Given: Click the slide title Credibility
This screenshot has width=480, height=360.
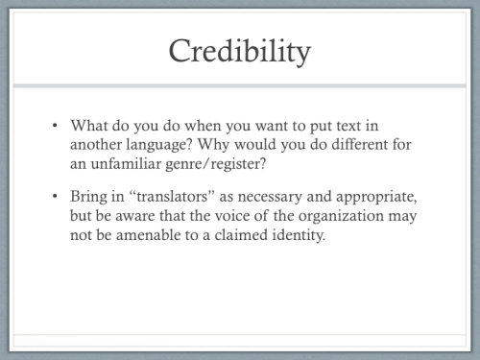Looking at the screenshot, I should tap(240, 50).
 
